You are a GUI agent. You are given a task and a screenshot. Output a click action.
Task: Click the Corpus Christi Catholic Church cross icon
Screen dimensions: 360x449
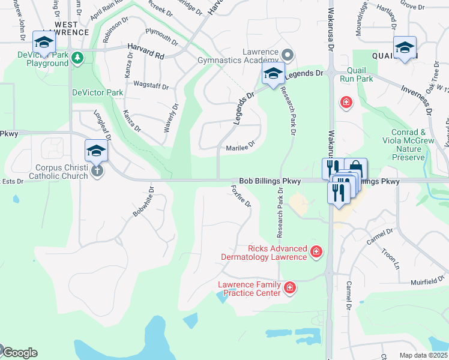tap(97, 171)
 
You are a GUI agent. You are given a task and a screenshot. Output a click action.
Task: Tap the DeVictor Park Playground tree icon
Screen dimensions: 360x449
tap(77, 58)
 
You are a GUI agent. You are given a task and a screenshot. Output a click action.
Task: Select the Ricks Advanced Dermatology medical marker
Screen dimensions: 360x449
tap(316, 252)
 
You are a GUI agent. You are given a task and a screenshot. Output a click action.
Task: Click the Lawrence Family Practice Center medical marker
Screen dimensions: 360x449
tap(290, 289)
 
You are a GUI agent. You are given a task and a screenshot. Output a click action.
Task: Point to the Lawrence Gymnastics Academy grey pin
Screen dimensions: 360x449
tap(287, 56)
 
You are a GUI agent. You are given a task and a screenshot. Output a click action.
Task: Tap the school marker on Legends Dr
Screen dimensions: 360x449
tap(273, 74)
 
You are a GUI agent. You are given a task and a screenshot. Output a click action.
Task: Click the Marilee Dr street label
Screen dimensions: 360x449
tap(241, 146)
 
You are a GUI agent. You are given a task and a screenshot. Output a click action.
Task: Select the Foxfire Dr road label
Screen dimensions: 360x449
tap(241, 196)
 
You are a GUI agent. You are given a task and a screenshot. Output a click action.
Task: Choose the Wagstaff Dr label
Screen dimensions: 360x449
tap(151, 86)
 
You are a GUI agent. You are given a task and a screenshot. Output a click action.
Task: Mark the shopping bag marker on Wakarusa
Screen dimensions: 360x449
tap(355, 167)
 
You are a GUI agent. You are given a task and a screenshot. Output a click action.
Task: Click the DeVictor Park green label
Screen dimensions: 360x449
tap(97, 92)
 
